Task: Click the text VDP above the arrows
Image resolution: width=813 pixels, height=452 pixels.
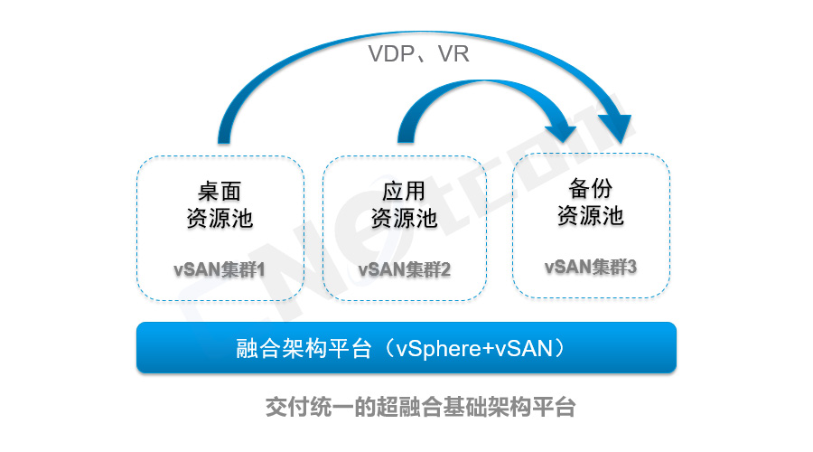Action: pyautogui.click(x=390, y=54)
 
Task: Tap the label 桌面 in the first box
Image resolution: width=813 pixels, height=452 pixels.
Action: pyautogui.click(x=220, y=193)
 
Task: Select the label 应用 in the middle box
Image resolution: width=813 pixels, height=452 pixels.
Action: pyautogui.click(x=403, y=193)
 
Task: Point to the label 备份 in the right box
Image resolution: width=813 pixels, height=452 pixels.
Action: pyautogui.click(x=590, y=189)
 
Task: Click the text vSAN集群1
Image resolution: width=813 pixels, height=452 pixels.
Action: pyautogui.click(x=220, y=269)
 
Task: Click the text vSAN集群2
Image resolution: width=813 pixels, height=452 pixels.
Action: pyautogui.click(x=404, y=269)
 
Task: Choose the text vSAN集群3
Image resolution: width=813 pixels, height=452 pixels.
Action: pyautogui.click(x=590, y=267)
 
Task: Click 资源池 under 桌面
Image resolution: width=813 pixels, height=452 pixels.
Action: pyautogui.click(x=220, y=219)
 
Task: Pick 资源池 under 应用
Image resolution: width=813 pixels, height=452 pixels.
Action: pyautogui.click(x=404, y=219)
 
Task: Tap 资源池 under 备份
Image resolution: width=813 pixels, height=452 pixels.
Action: pyautogui.click(x=590, y=216)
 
